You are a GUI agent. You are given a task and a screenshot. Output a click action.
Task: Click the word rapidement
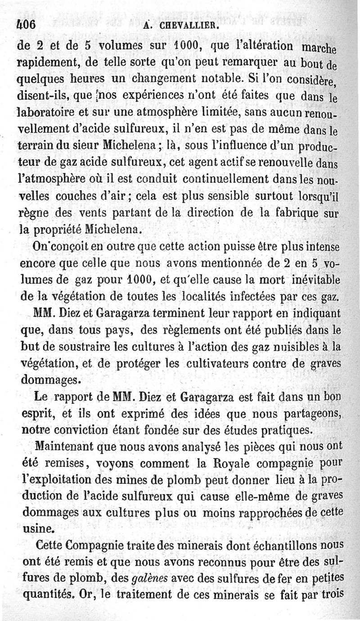click(x=46, y=62)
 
